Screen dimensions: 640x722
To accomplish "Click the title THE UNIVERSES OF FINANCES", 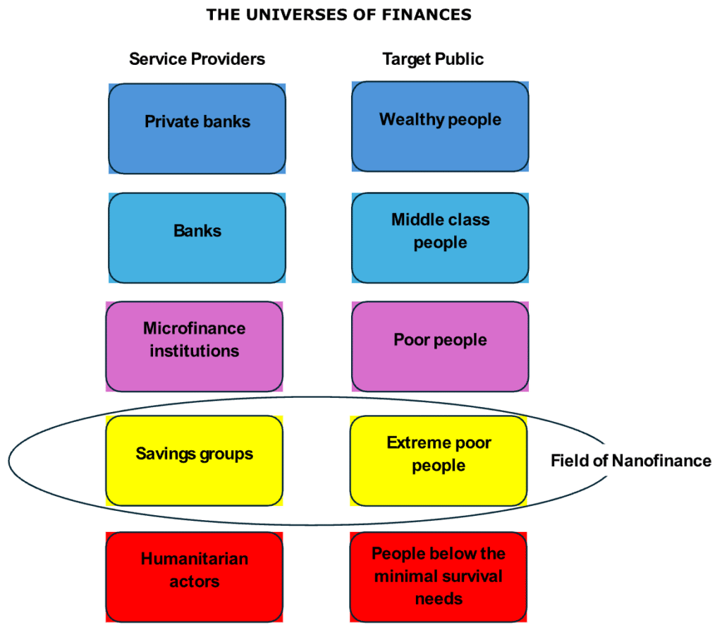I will click(338, 14).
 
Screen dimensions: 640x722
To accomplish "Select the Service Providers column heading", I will click(197, 59).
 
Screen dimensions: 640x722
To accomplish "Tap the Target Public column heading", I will click(433, 59).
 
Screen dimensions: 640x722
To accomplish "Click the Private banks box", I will click(197, 128).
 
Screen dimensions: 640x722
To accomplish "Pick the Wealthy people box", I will click(440, 127).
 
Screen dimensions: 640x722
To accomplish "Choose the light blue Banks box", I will click(197, 238).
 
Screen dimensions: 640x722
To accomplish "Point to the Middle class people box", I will click(440, 238).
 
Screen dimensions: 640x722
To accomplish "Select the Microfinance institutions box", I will click(194, 346).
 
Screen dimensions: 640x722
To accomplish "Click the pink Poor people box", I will click(440, 346).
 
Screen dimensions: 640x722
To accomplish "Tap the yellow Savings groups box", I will click(194, 460).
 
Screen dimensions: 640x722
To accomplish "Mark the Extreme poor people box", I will click(439, 460).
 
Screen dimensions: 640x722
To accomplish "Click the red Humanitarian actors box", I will click(194, 576).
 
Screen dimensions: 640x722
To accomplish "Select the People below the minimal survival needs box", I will click(439, 576).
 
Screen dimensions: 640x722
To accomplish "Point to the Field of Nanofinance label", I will click(630, 461).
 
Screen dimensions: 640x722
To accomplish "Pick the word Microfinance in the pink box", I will click(194, 329).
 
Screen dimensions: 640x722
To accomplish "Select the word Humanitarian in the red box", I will click(194, 560).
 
